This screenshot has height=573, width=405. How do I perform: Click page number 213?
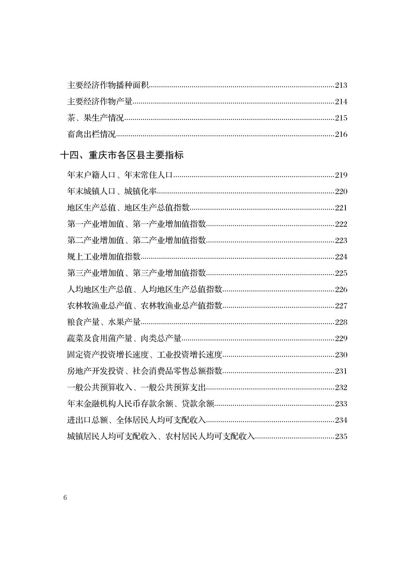coord(341,85)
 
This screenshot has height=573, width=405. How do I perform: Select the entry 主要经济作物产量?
coord(100,101)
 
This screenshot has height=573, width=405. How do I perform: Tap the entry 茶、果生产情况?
coord(95,118)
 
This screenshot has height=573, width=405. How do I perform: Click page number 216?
coord(341,134)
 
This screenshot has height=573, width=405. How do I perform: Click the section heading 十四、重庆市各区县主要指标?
coord(122,155)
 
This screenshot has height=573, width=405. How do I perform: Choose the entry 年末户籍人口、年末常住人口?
coord(120,175)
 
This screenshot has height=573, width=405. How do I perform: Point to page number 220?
coord(341,192)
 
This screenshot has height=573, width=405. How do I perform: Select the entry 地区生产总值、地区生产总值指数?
coord(128,208)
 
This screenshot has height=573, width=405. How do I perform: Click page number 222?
coord(341,224)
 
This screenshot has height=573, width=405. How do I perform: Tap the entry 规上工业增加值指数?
coord(104,257)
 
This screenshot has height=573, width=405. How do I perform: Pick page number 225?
coord(341,273)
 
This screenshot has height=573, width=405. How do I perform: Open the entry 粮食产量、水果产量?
coord(104,322)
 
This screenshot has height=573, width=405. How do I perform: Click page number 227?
coord(341,306)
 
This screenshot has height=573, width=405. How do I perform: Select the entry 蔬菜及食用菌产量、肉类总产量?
coord(124,339)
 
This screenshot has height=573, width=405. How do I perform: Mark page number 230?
coord(341,355)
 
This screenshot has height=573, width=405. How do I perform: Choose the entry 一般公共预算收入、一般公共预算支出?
coord(136,388)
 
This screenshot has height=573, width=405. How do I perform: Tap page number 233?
coord(341,404)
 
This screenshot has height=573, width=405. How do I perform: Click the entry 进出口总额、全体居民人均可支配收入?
coord(136,420)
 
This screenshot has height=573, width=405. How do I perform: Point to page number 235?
coord(341,437)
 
